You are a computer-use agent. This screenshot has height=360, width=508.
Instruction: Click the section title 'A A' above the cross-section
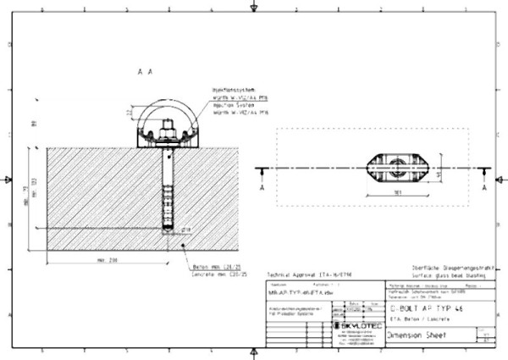tap(144, 73)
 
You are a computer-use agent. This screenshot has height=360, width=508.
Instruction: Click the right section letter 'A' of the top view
tap(483, 189)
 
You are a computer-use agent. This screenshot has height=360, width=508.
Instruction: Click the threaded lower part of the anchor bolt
tap(165, 203)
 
